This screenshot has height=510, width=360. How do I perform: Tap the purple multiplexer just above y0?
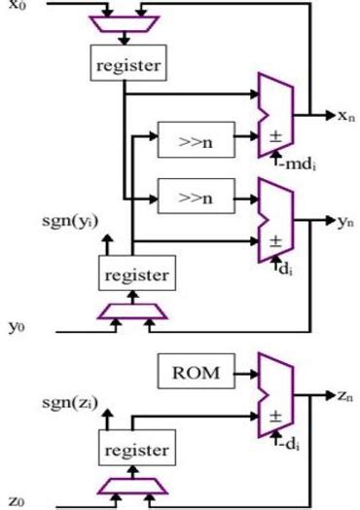coord(132,310)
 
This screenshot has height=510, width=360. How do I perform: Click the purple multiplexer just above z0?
coord(132,485)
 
